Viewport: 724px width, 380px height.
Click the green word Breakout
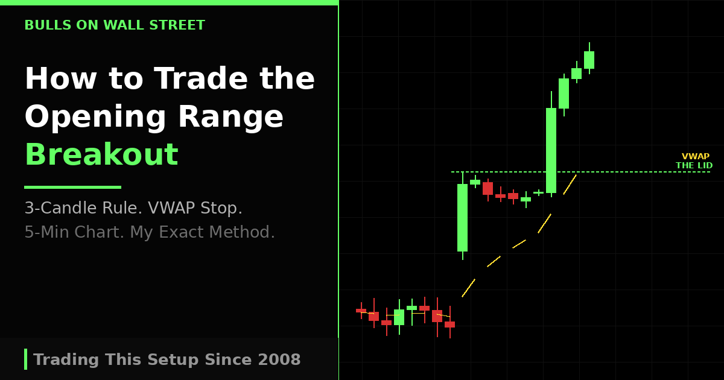coord(101,155)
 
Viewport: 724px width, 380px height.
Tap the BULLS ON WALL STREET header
coord(115,25)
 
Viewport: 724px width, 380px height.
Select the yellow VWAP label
coord(695,156)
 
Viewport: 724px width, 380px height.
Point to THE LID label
coord(694,165)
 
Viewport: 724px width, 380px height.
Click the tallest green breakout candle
coord(551,150)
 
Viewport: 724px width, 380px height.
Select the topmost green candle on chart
coord(589,60)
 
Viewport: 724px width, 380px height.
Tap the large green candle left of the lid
coord(462,217)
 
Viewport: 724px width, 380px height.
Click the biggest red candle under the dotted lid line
coord(487,188)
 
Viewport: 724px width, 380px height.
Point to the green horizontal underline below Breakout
coord(72,187)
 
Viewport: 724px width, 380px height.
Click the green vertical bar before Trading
coord(26,359)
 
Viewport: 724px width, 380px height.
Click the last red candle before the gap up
coord(449,325)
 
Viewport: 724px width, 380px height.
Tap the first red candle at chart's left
coord(361,311)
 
